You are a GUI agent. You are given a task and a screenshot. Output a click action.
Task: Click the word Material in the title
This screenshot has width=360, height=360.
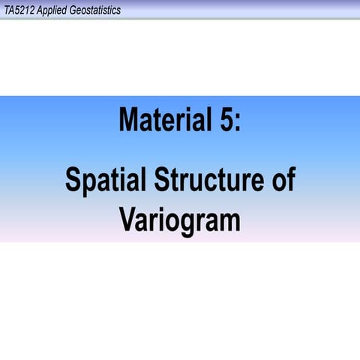pos(163,120)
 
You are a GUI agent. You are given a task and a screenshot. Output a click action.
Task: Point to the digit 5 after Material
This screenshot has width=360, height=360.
pos(226,120)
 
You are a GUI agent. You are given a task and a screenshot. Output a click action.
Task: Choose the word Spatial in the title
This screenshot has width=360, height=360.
pos(105,180)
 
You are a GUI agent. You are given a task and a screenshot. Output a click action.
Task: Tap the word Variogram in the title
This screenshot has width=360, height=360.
pos(180,220)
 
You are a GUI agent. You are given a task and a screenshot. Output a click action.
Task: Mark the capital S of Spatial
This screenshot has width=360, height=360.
pos(73,180)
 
